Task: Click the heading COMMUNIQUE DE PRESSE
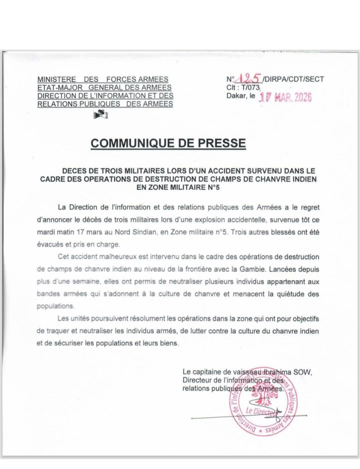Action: tap(169, 143)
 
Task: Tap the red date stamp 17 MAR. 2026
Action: tap(285, 98)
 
